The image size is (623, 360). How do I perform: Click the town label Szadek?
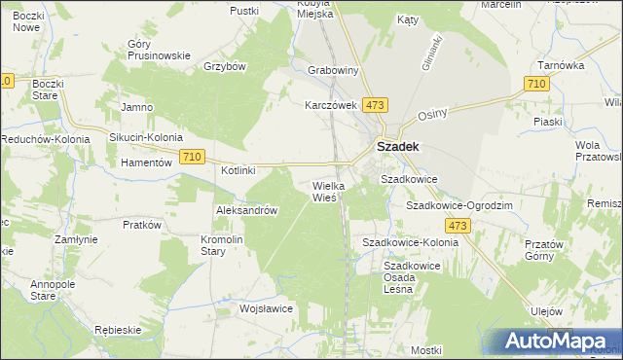click(x=397, y=148)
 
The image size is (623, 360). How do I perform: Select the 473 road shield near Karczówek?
click(x=376, y=104)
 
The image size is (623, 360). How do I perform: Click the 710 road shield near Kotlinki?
click(x=192, y=157)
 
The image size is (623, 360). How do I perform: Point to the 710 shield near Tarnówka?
click(x=534, y=86)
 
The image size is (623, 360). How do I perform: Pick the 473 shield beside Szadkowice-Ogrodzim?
click(x=460, y=226)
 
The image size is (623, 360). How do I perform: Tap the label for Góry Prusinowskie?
click(x=159, y=50)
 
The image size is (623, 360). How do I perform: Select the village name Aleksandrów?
click(x=247, y=210)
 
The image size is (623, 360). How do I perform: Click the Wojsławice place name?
click(x=267, y=308)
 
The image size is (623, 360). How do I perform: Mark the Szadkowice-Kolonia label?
click(x=410, y=241)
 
